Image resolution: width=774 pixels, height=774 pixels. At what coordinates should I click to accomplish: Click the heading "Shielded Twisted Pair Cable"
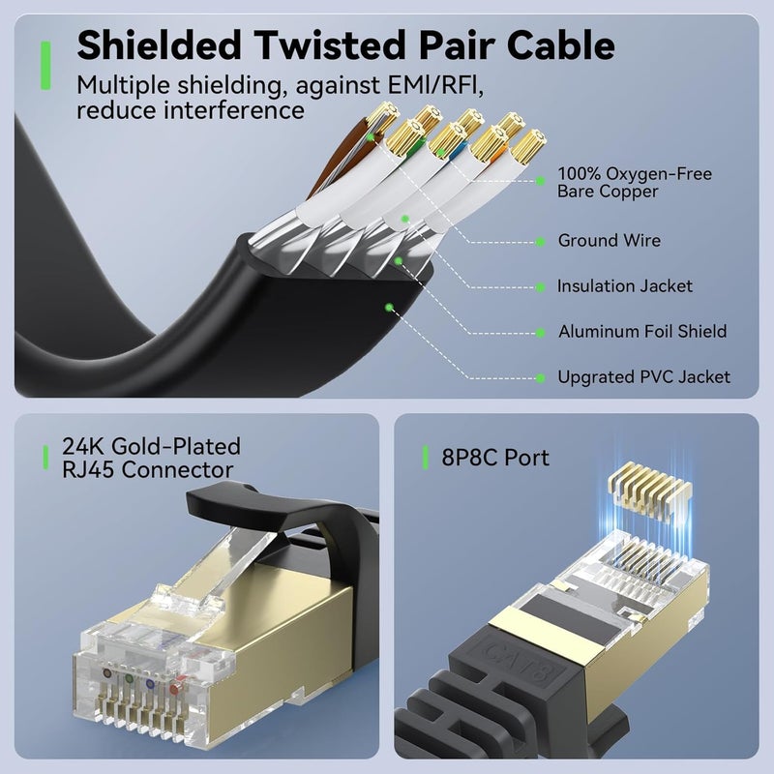[345, 45]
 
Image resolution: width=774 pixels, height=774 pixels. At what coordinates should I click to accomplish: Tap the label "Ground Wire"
[610, 240]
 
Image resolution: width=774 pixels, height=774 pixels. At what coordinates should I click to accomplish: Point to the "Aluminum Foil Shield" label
[641, 332]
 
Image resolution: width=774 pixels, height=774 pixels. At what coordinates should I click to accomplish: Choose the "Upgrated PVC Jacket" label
[643, 377]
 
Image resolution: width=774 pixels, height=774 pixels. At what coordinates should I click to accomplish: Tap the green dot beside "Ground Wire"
[540, 241]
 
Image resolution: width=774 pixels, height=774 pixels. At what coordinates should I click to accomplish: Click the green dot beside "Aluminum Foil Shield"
[540, 332]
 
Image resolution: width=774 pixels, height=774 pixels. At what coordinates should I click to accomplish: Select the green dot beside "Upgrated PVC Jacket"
[540, 377]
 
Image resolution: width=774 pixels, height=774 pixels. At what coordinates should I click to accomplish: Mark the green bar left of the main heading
[45, 65]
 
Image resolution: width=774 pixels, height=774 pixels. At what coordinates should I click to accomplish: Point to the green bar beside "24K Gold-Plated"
[45, 458]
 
